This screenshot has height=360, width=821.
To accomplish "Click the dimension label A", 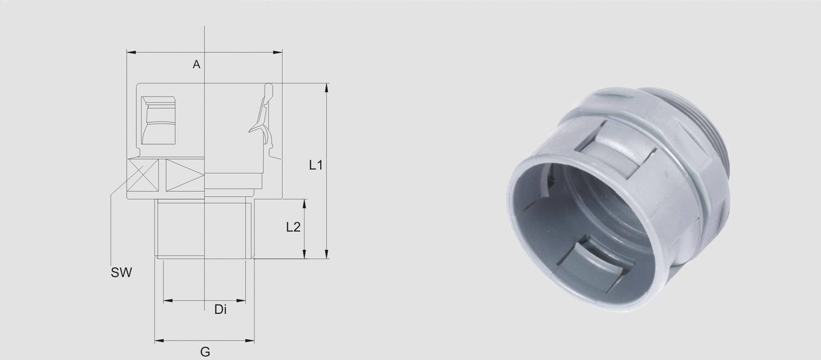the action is pyautogui.click(x=196, y=64).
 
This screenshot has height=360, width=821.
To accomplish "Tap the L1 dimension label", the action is pyautogui.click(x=316, y=165).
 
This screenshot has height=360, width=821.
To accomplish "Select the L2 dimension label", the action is pyautogui.click(x=293, y=227).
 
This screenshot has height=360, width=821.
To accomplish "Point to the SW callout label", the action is pyautogui.click(x=121, y=273).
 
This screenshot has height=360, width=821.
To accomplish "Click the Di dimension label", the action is pyautogui.click(x=220, y=310).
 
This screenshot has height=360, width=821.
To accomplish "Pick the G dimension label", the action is pyautogui.click(x=205, y=352).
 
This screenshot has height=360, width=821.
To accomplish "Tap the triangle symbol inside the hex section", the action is pyautogui.click(x=185, y=175).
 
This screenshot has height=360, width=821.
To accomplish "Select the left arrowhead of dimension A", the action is pyautogui.click(x=131, y=52).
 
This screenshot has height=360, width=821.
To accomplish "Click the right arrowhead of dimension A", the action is pyautogui.click(x=278, y=52).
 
